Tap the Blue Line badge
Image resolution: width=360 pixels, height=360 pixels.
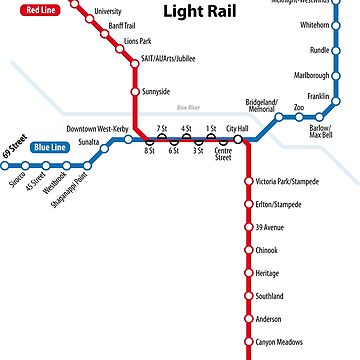click(x=51, y=147)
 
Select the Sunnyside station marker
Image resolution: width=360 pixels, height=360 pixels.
click(x=135, y=92)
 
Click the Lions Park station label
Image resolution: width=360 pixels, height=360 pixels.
click(x=137, y=41)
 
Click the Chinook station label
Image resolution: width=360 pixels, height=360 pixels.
click(x=267, y=250)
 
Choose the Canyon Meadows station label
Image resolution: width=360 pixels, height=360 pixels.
click(x=278, y=342)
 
